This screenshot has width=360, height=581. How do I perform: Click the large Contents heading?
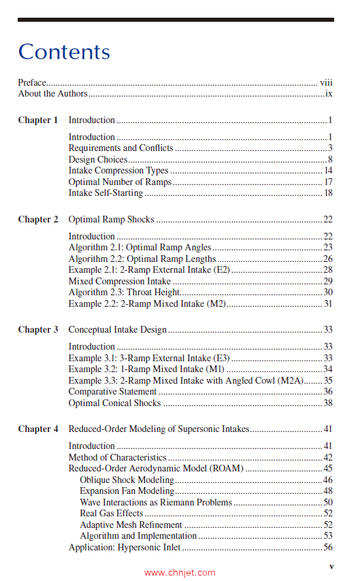pos(64,52)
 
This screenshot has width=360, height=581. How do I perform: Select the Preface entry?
pos(32,82)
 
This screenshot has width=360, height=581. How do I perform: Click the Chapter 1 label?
pos(38,120)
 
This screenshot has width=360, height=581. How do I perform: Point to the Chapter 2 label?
pos(38,220)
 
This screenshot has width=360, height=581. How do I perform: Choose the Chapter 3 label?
pos(38,330)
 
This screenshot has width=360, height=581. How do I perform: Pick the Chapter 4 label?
pos(38,429)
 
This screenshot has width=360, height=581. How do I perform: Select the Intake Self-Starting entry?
pos(105,193)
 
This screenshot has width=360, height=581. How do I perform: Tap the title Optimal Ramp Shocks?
pos(111,220)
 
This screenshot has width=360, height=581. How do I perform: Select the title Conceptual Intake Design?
pos(117,330)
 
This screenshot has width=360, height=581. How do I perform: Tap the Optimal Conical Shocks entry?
pos(114,403)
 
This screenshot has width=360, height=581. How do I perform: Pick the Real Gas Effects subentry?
pos(112,514)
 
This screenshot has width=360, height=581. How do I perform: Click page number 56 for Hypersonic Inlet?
pos(327,547)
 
